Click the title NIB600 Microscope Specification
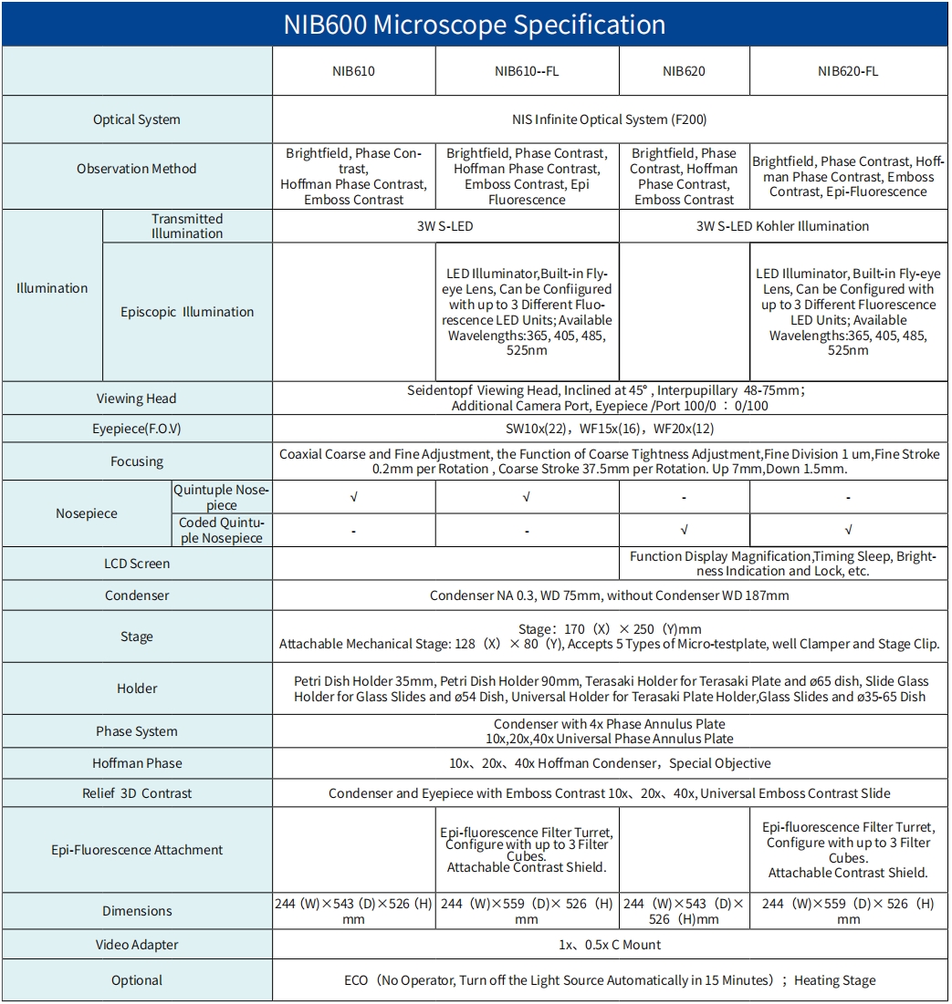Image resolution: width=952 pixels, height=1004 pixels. tap(475, 24)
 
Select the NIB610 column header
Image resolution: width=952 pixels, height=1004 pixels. tap(353, 71)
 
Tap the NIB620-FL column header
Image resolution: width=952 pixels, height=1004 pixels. tap(848, 71)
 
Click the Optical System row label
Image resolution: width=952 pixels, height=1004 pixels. tap(137, 119)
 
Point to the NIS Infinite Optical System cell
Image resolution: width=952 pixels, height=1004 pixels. tap(609, 119)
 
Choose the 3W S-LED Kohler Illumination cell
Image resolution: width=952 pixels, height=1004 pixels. tap(782, 226)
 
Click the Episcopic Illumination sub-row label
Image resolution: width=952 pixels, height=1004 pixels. tap(187, 312)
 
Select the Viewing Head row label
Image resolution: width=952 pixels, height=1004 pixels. tap(137, 398)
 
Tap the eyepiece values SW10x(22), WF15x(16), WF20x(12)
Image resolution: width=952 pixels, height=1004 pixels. tap(609, 429)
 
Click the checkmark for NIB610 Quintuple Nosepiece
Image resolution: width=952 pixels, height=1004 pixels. tap(353, 498)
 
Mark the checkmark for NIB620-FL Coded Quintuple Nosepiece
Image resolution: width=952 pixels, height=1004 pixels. tap(848, 530)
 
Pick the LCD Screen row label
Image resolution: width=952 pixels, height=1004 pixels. tap(137, 564)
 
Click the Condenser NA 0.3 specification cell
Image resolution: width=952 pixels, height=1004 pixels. tap(609, 595)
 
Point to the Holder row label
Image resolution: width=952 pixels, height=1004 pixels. tap(137, 688)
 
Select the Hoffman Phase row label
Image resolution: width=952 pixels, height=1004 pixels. tap(137, 763)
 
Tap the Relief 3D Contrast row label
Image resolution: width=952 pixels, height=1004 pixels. tap(137, 793)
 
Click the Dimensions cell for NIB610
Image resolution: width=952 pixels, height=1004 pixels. tap(353, 911)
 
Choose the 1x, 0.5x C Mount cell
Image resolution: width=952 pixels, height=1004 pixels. tap(609, 945)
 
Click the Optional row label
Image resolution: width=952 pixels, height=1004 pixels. tap(137, 980)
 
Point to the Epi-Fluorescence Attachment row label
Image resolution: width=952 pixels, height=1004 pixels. tap(137, 850)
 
